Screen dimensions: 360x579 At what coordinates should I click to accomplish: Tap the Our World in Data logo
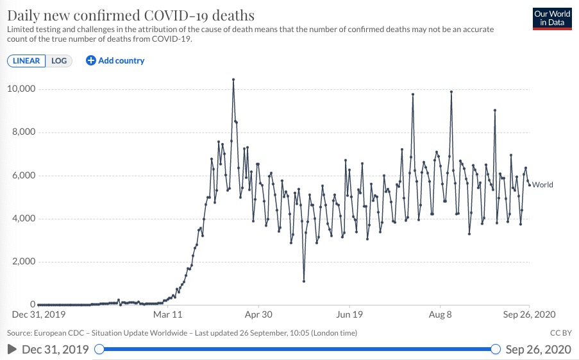pyautogui.click(x=552, y=18)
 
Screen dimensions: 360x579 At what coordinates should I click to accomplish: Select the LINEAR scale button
pyautogui.click(x=26, y=61)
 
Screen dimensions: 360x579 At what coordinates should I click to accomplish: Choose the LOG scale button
pyautogui.click(x=59, y=61)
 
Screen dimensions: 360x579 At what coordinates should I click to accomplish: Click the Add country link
pyautogui.click(x=115, y=61)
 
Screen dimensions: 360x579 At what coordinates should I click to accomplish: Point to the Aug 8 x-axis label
pyautogui.click(x=440, y=315)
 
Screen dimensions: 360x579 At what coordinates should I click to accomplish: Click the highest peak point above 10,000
pyautogui.click(x=233, y=80)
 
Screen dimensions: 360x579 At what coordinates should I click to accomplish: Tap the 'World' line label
pyautogui.click(x=542, y=185)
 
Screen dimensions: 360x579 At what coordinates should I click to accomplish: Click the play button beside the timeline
pyautogui.click(x=12, y=349)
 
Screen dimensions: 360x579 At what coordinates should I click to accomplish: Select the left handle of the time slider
pyautogui.click(x=99, y=349)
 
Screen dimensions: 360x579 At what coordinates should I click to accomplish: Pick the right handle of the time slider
pyautogui.click(x=495, y=349)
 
